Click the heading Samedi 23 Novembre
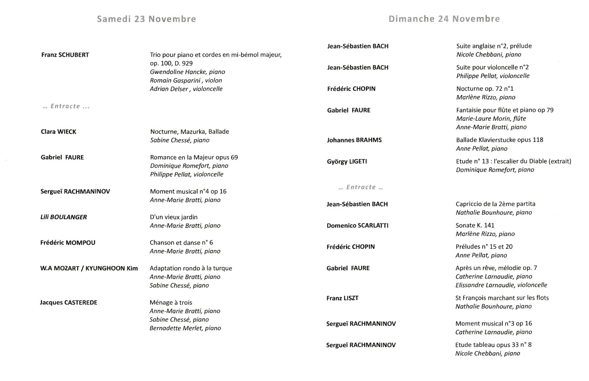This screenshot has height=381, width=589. [146, 19]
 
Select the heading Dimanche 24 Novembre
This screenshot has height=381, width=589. [444, 19]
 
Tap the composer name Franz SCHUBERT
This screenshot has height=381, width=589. [65, 55]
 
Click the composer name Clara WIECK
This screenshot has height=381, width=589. [59, 132]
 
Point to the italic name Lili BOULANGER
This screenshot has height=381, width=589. [64, 217]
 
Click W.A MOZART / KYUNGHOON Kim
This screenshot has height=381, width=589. [89, 268]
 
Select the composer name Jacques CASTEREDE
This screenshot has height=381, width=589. [68, 303]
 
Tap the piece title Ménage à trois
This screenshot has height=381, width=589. [171, 303]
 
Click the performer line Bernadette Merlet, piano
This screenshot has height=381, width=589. [185, 328]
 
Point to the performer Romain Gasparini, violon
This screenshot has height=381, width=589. [186, 80]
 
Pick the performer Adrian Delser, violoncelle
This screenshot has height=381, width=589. [186, 89]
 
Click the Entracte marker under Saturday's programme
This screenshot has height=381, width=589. [66, 106]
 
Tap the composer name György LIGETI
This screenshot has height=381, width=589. [347, 161]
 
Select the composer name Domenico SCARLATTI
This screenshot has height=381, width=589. [357, 225]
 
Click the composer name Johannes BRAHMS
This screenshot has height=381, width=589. [354, 140]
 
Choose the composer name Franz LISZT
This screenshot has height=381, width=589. [342, 298]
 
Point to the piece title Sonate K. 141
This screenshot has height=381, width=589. [475, 225]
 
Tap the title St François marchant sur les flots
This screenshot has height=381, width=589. [502, 298]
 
